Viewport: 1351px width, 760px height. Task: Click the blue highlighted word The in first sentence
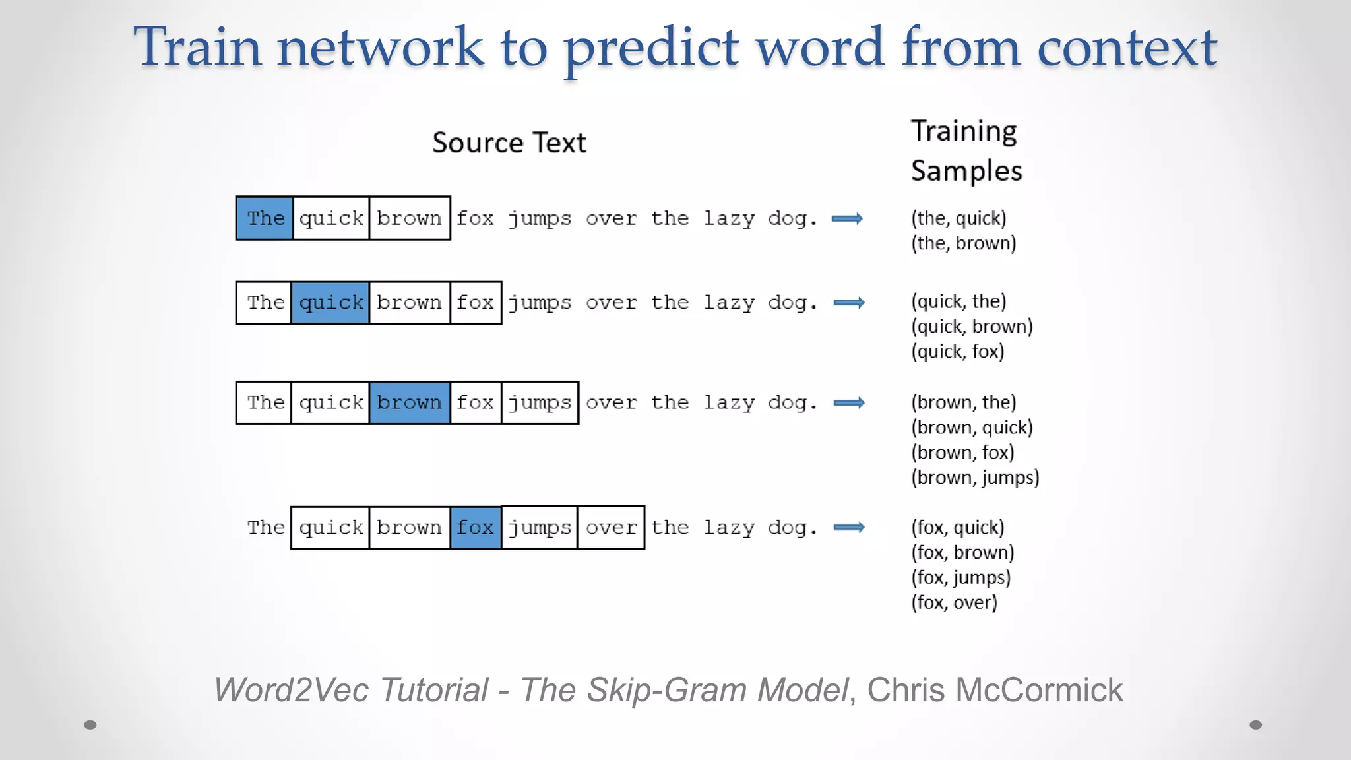click(265, 218)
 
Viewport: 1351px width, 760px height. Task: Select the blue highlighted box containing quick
click(330, 303)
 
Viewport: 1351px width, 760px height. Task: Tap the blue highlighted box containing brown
click(409, 402)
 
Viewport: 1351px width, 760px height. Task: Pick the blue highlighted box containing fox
click(475, 528)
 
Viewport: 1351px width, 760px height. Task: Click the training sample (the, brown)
click(963, 243)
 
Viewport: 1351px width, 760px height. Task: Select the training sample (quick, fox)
click(957, 352)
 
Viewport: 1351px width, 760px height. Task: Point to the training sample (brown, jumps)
click(975, 478)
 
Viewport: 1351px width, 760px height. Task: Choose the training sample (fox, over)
click(954, 602)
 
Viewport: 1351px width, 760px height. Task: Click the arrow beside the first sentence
click(847, 219)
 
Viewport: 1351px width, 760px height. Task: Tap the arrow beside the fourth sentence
click(849, 527)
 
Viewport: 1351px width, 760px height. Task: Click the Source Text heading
click(509, 143)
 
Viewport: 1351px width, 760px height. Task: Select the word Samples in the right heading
click(966, 171)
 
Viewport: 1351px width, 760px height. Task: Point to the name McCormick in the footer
click(1038, 690)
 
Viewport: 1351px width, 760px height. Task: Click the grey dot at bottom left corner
click(90, 725)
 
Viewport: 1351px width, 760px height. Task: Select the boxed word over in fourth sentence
click(611, 528)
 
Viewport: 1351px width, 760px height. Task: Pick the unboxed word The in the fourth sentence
click(265, 528)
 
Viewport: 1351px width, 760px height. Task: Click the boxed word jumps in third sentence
click(540, 402)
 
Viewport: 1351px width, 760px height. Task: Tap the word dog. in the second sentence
click(792, 303)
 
